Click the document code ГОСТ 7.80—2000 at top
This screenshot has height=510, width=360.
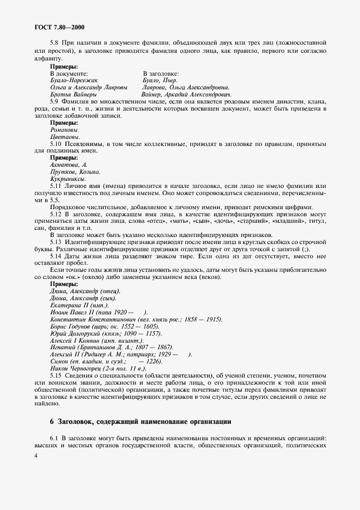pyautogui.click(x=55, y=26)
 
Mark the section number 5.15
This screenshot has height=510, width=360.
pyautogui.click(x=56, y=376)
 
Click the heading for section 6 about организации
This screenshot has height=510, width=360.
pyautogui.click(x=140, y=421)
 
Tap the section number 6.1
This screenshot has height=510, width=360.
pyautogui.click(x=54, y=439)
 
